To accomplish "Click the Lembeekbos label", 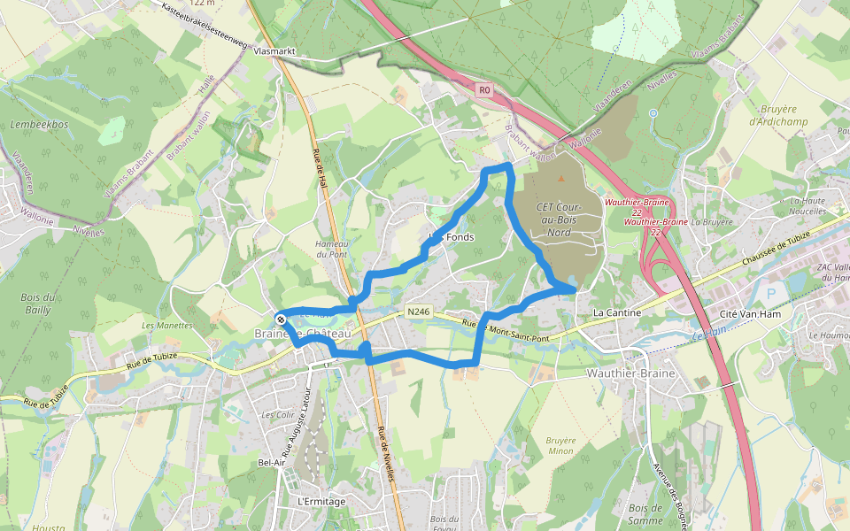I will point(39,125).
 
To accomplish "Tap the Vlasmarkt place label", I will point(273,53).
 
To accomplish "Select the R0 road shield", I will point(483,89).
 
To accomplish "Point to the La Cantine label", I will point(616,313).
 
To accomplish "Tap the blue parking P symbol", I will point(770,293).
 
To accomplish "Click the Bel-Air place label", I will point(271,463).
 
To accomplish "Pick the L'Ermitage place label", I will point(322,501).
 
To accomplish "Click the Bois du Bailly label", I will point(38,304).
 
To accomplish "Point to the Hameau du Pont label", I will point(333,249).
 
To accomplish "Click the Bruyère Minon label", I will point(561,445).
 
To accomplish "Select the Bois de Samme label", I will point(645,513).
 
